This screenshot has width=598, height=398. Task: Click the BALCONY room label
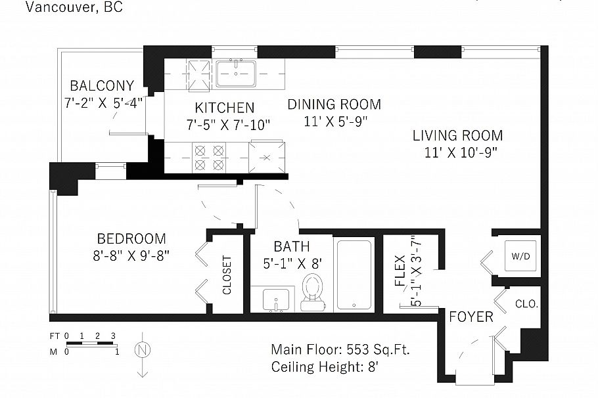click(102, 86)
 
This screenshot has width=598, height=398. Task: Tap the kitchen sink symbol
click(237, 72)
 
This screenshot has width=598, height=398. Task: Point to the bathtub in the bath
click(354, 275)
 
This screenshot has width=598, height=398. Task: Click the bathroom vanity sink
click(275, 299)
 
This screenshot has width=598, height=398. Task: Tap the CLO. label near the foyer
click(527, 305)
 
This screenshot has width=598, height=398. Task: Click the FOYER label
click(471, 317)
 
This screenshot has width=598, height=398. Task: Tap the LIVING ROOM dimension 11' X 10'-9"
click(457, 152)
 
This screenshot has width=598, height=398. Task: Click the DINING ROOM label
click(334, 104)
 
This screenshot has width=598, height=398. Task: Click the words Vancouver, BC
click(74, 8)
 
